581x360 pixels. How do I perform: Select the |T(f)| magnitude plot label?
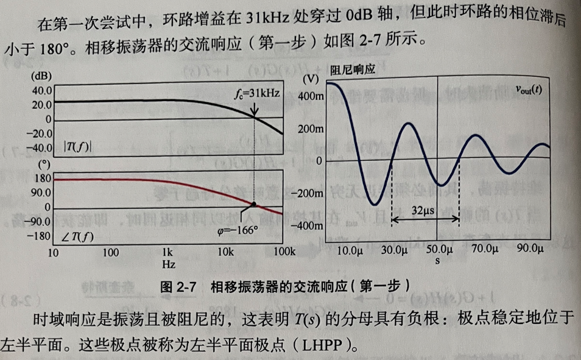pyautogui.click(x=77, y=147)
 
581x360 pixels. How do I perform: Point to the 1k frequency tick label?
pyautogui.click(x=169, y=252)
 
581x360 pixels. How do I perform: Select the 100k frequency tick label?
pyautogui.click(x=283, y=252)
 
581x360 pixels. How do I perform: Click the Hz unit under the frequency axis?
pyautogui.click(x=169, y=265)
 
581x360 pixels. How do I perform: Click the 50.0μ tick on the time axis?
pyautogui.click(x=438, y=250)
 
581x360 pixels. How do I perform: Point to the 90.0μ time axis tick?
pyautogui.click(x=529, y=249)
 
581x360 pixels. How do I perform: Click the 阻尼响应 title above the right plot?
pyautogui.click(x=353, y=70)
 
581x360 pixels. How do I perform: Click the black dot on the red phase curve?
pyautogui.click(x=254, y=203)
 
